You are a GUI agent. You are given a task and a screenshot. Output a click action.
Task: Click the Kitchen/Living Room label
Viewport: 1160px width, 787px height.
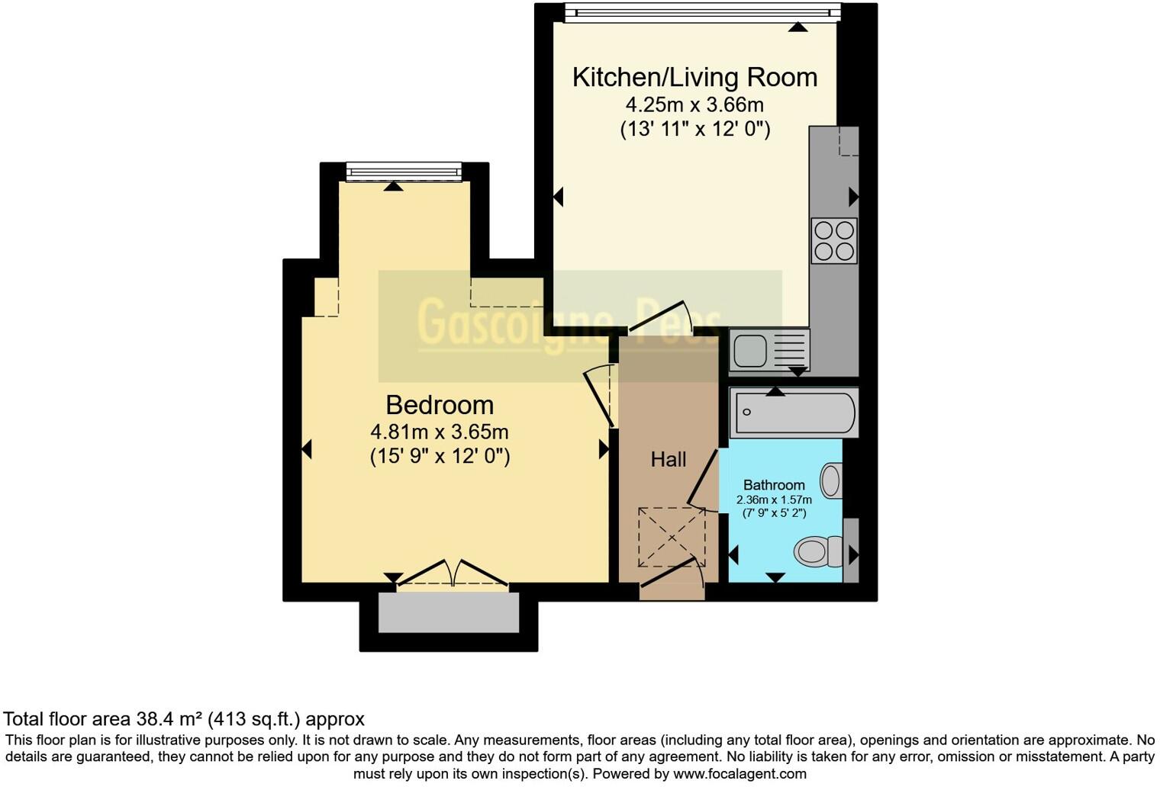[694, 77]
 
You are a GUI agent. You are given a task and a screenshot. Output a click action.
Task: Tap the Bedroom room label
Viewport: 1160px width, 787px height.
[439, 405]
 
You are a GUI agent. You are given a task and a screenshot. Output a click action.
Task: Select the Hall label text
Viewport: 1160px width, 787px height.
[668, 459]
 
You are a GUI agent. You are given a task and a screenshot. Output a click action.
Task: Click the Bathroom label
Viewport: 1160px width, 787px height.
[774, 485]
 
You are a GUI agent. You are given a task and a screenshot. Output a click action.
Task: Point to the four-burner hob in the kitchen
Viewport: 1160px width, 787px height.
[833, 240]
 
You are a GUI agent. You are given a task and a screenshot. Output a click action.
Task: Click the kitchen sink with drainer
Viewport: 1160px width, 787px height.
[768, 350]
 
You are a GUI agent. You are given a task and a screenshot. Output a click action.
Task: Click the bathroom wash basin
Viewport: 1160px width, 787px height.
[831, 480]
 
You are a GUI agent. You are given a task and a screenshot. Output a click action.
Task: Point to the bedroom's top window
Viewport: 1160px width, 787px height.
[404, 172]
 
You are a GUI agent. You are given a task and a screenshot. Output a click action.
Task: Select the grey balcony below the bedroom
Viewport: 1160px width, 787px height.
[449, 612]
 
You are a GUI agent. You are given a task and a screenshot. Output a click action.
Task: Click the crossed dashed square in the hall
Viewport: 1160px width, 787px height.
[672, 537]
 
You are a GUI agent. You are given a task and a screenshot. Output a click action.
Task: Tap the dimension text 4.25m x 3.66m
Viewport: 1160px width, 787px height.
[694, 104]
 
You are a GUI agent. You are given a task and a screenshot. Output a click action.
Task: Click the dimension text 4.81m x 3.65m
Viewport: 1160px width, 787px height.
[439, 432]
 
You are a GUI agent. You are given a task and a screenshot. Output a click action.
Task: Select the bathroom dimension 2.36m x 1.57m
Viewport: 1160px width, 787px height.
[774, 500]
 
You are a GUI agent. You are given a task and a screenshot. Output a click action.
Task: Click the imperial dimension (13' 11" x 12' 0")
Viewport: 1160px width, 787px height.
[694, 129]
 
